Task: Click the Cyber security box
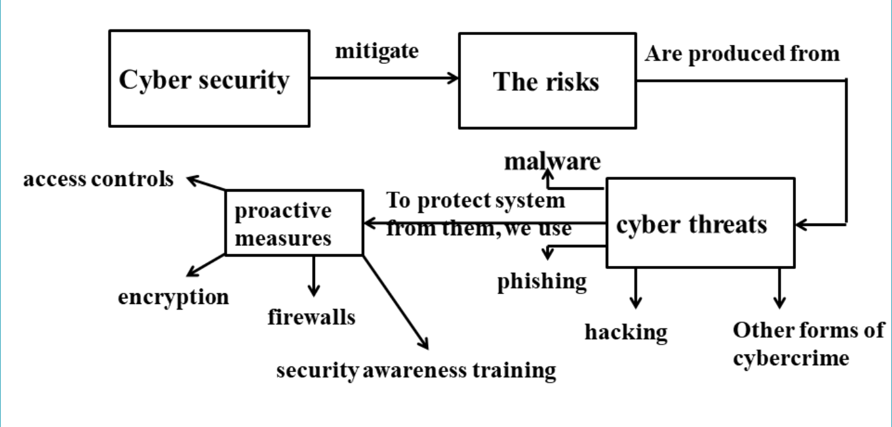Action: click(209, 79)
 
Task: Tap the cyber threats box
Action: click(700, 223)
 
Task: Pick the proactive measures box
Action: click(293, 223)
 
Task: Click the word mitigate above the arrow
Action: click(377, 51)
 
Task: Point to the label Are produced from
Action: click(742, 54)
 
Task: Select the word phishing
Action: click(542, 282)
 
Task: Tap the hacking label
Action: click(626, 331)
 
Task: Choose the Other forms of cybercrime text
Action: click(808, 344)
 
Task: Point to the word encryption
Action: click(173, 297)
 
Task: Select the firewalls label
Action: click(311, 317)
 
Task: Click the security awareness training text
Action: click(416, 370)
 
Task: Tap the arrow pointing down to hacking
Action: click(636, 287)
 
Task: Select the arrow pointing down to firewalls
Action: click(313, 275)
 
